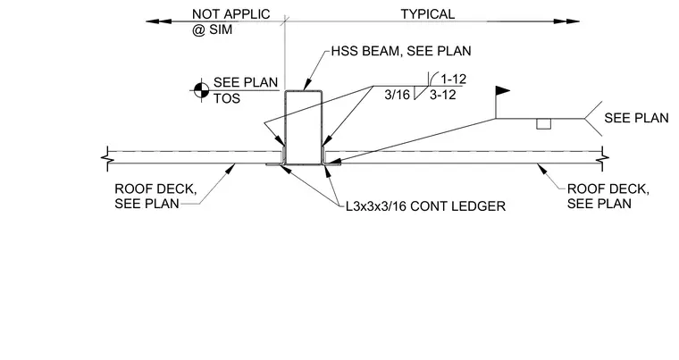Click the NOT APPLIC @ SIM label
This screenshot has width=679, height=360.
pyautogui.click(x=231, y=21)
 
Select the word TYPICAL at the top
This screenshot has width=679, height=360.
pyautogui.click(x=427, y=14)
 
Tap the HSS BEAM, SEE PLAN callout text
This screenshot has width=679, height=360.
pyautogui.click(x=401, y=51)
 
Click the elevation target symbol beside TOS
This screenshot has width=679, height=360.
pyautogui.click(x=199, y=90)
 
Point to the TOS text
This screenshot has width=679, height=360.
pyautogui.click(x=227, y=98)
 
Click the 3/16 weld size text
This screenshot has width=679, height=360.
pyautogui.click(x=397, y=95)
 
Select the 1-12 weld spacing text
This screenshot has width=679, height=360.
pyautogui.click(x=453, y=79)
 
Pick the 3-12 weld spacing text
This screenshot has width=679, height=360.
pyautogui.click(x=442, y=95)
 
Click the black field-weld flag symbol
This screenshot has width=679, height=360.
pyautogui.click(x=502, y=90)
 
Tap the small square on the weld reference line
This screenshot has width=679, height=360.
pyautogui.click(x=543, y=124)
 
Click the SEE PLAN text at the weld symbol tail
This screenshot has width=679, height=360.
pyautogui.click(x=636, y=118)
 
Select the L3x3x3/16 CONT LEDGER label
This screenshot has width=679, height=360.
pyautogui.click(x=425, y=206)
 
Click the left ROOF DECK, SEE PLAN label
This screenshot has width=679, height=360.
pyautogui.click(x=155, y=197)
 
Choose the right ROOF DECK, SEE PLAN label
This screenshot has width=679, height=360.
pyautogui.click(x=608, y=197)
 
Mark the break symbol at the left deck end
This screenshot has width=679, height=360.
pyautogui.click(x=107, y=158)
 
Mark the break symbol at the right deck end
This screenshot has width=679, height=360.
pyautogui.click(x=602, y=158)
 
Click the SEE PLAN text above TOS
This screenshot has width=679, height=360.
pyautogui.click(x=246, y=82)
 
